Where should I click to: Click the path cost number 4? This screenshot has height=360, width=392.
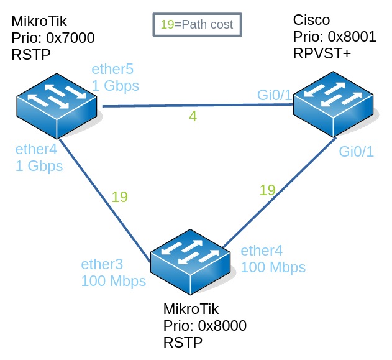point(193,116)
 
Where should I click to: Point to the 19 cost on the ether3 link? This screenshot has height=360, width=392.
point(119,197)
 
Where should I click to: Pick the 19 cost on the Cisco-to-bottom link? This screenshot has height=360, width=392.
point(267,190)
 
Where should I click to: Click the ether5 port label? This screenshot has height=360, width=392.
point(112,69)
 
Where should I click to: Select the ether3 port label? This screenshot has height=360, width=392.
point(103,264)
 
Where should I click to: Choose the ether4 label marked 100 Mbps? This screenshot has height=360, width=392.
point(262,251)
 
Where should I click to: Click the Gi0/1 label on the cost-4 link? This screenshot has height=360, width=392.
point(275,95)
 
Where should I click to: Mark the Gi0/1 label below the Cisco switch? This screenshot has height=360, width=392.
point(357,152)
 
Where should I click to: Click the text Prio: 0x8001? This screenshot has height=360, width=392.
point(334,37)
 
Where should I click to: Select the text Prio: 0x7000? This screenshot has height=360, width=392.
point(53,39)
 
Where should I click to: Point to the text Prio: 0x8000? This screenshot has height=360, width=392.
point(204,326)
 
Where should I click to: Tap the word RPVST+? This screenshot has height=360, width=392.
point(322,54)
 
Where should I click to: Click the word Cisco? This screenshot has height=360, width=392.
point(311,21)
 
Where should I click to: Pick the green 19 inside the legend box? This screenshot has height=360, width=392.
point(167,25)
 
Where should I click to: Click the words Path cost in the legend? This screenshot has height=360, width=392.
point(206,25)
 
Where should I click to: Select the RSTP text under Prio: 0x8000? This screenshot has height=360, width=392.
point(183,343)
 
